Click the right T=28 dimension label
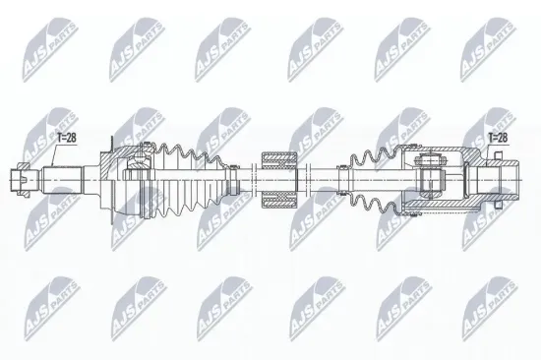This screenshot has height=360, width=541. point(502,141)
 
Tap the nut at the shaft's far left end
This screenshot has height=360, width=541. point(21,179)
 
